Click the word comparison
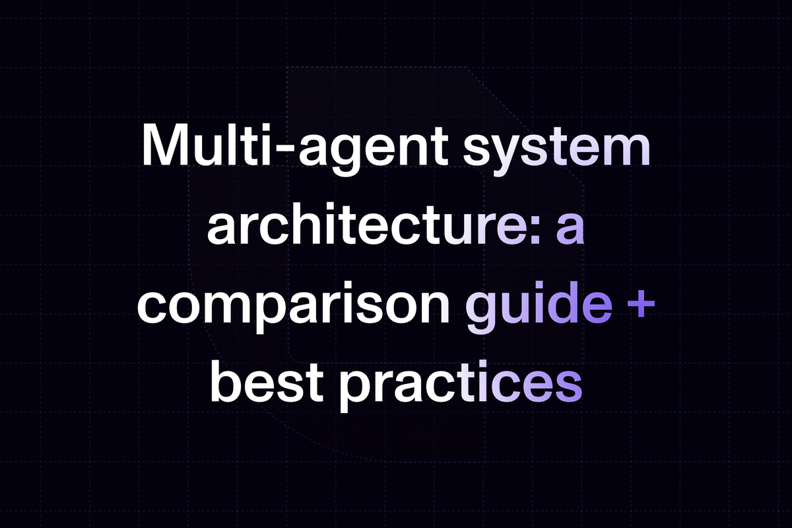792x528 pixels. click(x=293, y=307)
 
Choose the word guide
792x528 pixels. click(x=539, y=307)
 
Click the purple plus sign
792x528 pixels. click(x=640, y=305)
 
